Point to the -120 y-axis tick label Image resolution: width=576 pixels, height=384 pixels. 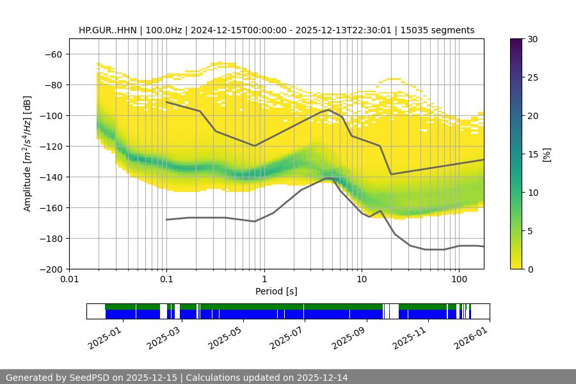52,147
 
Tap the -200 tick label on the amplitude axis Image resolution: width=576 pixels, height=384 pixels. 52,269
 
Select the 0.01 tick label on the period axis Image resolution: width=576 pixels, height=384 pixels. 69,280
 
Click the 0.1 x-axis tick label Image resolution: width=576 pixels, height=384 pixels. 166,280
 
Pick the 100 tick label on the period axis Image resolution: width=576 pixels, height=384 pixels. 459,280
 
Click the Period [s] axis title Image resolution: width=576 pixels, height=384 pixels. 276,291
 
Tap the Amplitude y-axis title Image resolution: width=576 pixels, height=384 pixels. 28,154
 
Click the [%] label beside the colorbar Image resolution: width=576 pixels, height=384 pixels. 546,154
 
